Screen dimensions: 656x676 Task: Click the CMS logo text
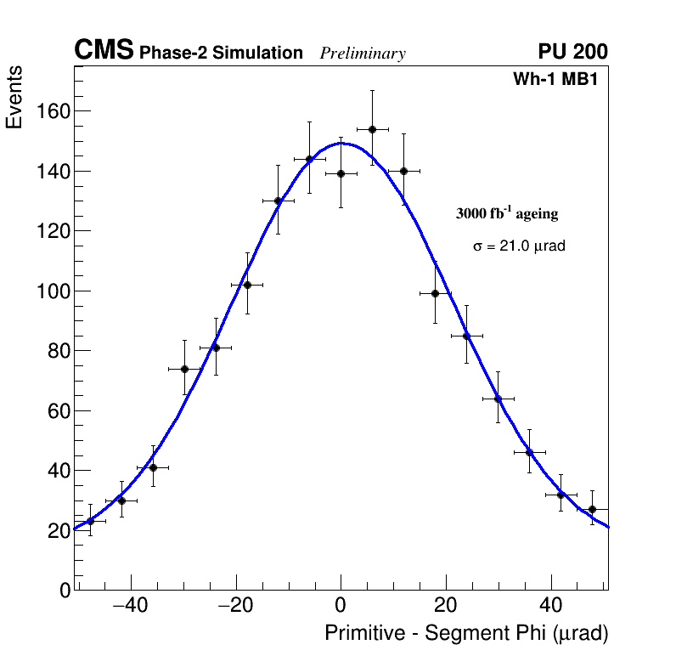104,51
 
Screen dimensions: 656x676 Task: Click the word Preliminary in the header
363,54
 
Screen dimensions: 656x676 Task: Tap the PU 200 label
572,52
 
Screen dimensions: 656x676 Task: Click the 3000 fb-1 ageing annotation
507,214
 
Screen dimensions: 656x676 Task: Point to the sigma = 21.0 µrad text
519,246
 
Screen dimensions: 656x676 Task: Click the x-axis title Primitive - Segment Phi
466,634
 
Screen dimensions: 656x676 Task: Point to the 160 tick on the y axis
54,112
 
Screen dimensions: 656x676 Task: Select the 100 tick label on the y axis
54,291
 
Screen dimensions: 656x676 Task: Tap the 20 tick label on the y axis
59,531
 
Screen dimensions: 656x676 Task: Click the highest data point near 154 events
372,129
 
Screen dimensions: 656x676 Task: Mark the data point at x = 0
341,173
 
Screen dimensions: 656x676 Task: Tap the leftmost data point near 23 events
90,521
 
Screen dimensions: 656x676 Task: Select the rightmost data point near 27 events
592,509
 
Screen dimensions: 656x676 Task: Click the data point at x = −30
184,369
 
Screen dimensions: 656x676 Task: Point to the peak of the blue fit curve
341,143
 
